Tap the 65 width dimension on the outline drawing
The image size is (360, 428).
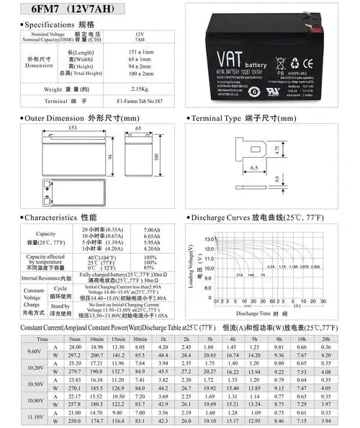pyautogui.click(x=138, y=128)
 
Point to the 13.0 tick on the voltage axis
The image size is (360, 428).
pyautogui.click(x=209, y=238)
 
